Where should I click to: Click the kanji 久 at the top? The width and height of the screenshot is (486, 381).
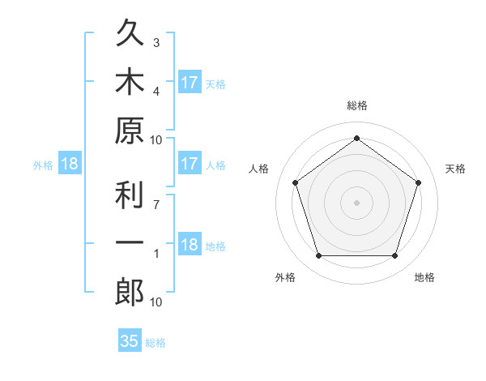click(130, 32)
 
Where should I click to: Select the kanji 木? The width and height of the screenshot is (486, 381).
click(130, 80)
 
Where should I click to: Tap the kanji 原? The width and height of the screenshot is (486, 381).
click(130, 131)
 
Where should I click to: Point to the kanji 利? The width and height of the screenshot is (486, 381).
click(130, 195)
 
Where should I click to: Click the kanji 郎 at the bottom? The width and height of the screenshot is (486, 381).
click(130, 292)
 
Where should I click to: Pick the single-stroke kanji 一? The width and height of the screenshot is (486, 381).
click(130, 242)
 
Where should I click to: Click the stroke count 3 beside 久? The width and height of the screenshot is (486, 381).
click(156, 43)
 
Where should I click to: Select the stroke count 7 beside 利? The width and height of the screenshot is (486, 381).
click(156, 205)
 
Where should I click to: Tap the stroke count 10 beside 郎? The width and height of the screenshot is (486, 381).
click(156, 302)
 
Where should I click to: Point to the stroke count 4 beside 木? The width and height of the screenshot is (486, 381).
click(156, 92)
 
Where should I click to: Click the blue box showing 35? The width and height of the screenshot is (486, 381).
click(130, 340)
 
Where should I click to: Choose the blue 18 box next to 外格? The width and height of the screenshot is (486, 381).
click(70, 163)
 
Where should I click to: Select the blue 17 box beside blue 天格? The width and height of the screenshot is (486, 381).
click(190, 82)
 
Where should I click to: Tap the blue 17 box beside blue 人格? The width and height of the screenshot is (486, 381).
click(190, 163)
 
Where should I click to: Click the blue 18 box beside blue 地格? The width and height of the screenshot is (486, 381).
click(190, 243)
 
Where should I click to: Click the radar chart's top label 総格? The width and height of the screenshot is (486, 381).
click(357, 105)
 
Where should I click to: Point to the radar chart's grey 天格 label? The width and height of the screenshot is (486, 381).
click(455, 169)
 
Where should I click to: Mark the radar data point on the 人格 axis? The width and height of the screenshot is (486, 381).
click(296, 182)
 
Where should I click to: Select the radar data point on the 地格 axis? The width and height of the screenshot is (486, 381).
click(395, 255)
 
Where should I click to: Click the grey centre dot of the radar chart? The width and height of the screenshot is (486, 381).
click(356, 203)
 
